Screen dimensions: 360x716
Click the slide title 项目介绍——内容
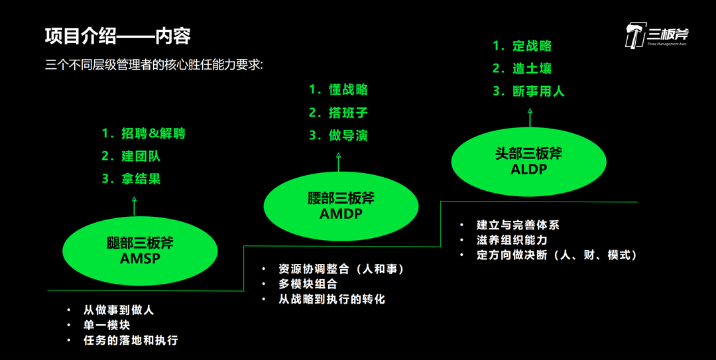(117, 36)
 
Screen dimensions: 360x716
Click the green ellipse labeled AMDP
(341, 206)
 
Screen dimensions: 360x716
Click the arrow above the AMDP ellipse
(338, 163)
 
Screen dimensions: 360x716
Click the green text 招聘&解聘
(152, 133)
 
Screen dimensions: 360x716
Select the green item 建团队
(141, 156)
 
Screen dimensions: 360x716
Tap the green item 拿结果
(141, 179)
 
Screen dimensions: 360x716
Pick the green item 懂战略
(347, 90)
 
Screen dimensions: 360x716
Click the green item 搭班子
(347, 113)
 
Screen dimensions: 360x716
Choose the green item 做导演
(347, 135)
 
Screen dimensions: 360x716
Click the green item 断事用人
(538, 91)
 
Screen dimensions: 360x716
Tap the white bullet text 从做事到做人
(119, 310)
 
